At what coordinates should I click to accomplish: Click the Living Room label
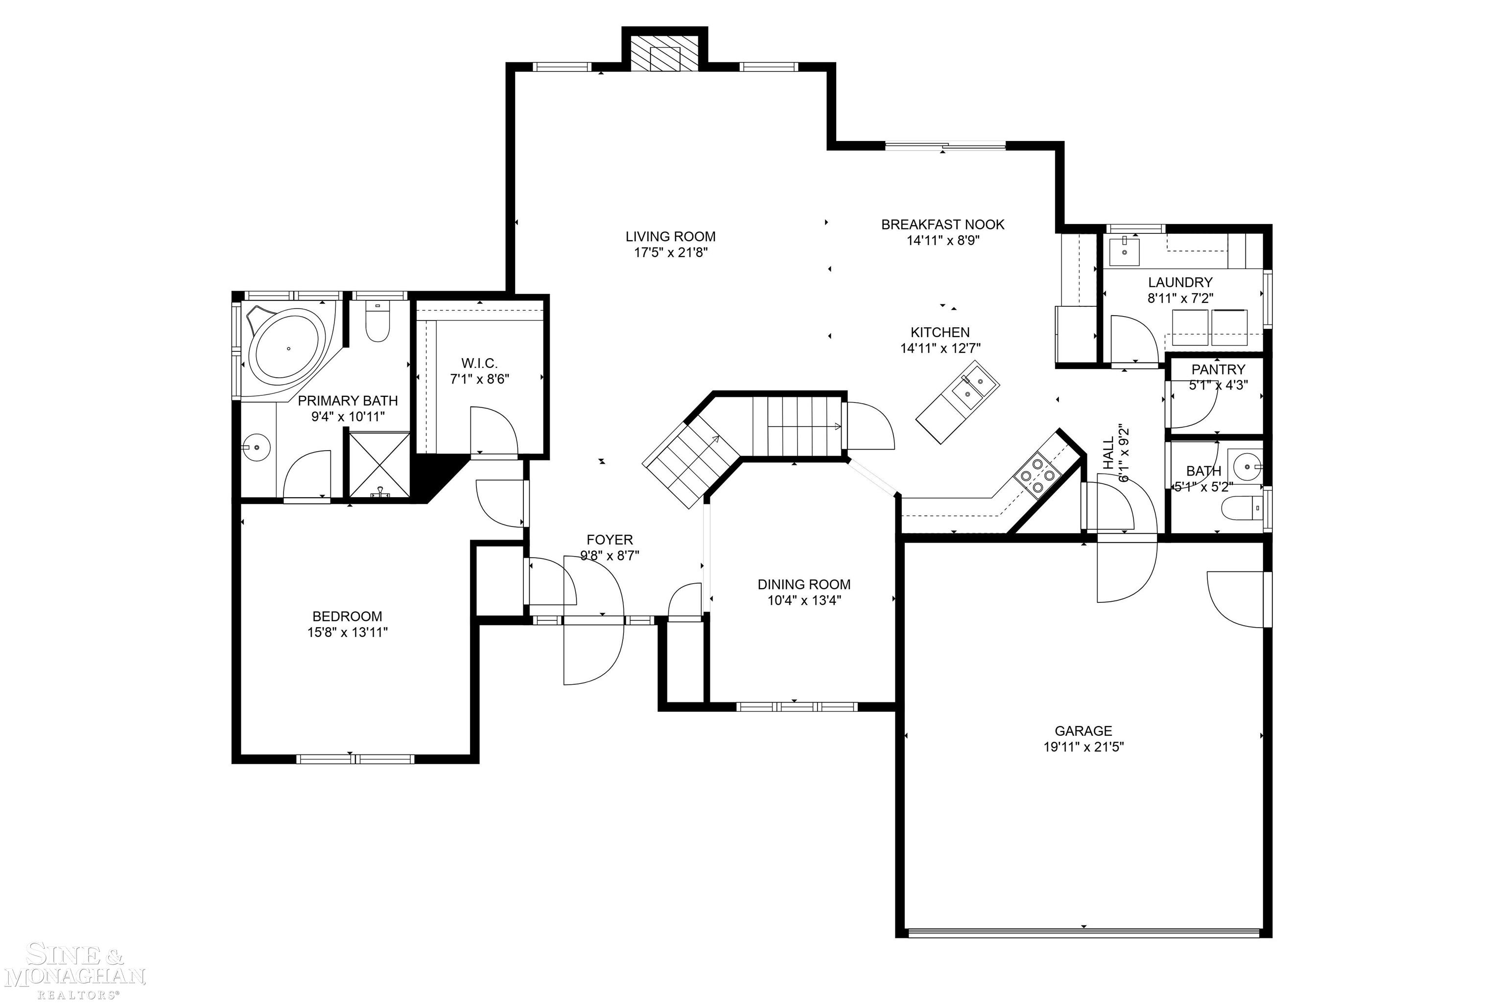(x=670, y=236)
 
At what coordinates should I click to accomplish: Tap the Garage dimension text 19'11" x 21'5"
(x=1083, y=747)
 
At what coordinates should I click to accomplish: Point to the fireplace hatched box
(x=664, y=52)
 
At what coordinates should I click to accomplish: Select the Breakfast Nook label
(x=942, y=224)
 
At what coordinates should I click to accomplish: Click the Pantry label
(x=1218, y=369)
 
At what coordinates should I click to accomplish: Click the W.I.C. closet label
(x=479, y=363)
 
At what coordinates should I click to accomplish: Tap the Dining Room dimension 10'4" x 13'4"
(x=804, y=600)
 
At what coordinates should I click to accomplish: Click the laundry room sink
(x=1124, y=251)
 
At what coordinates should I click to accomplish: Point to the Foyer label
(x=609, y=540)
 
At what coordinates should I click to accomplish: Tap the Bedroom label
(x=347, y=616)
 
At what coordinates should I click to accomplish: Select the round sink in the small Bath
(x=1247, y=467)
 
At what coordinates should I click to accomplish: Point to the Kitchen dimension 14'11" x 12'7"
(x=940, y=348)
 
